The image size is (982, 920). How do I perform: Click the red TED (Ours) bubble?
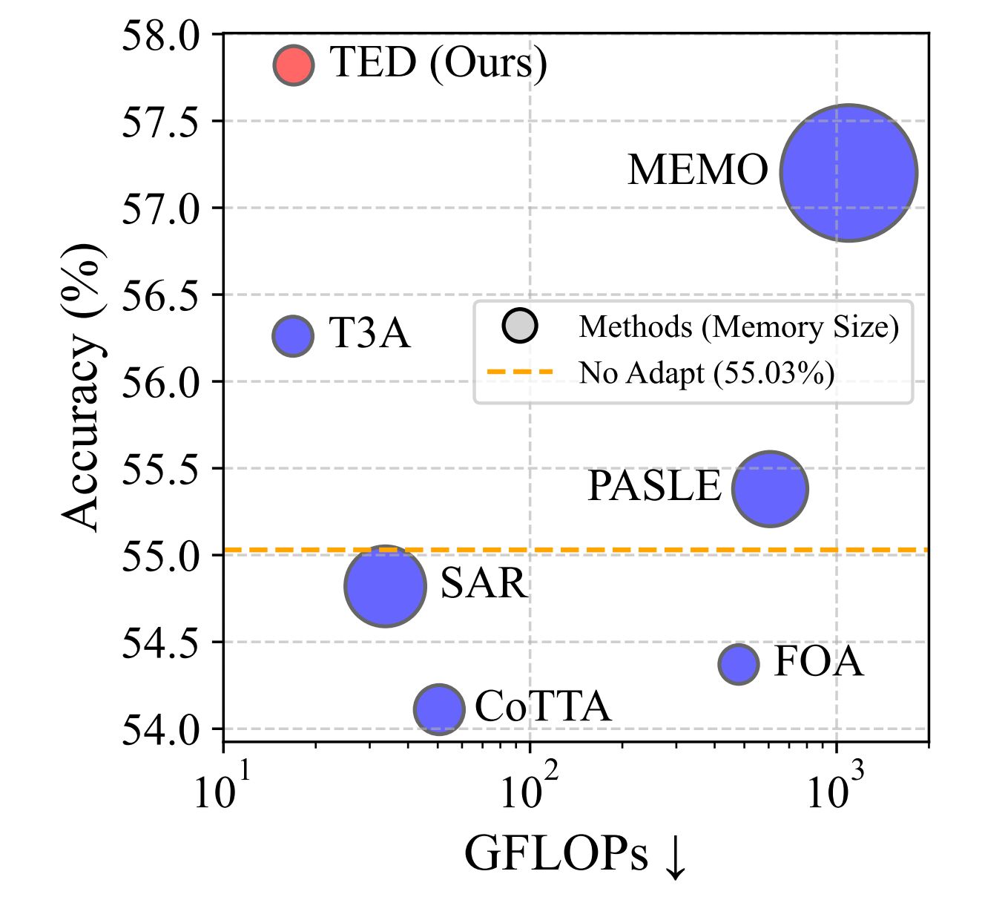click(294, 65)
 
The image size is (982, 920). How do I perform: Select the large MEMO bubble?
click(848, 173)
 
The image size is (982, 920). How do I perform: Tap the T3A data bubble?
click(294, 335)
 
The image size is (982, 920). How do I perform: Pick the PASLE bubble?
click(770, 488)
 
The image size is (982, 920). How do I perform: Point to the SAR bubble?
click(386, 586)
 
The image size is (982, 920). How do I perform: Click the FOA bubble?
click(739, 663)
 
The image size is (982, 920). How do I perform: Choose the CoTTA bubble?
click(439, 709)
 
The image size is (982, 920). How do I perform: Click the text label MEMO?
click(697, 171)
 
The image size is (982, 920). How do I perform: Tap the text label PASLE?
click(654, 487)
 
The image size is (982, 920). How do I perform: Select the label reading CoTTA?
click(543, 706)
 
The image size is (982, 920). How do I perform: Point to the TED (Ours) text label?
click(438, 62)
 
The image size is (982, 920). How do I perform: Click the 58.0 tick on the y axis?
click(160, 36)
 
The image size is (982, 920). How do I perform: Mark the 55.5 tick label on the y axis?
click(160, 469)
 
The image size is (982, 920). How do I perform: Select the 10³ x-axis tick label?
click(837, 791)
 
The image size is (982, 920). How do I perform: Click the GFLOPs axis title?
click(576, 855)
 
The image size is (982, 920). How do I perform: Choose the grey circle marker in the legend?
click(520, 325)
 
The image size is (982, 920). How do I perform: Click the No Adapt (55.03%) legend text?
click(706, 372)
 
